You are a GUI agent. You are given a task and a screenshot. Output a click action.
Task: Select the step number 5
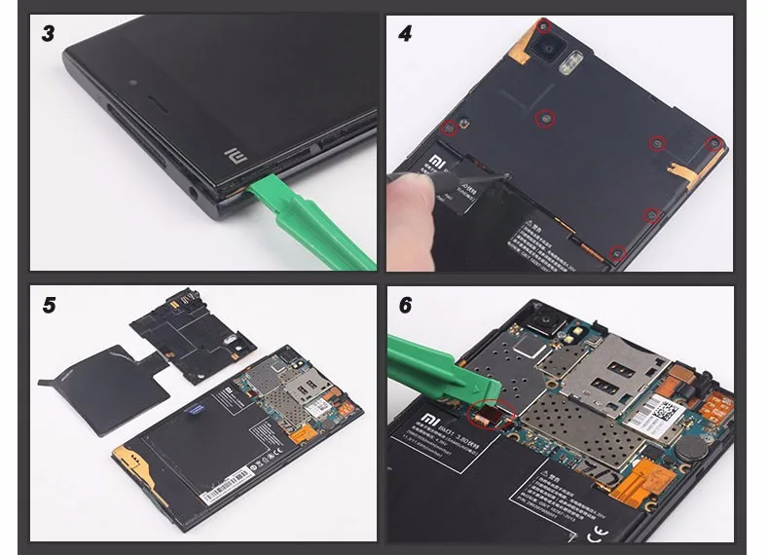click(x=49, y=305)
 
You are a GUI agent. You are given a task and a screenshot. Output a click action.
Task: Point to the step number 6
click(x=405, y=305)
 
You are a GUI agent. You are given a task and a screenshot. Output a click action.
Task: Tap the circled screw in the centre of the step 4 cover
click(x=547, y=119)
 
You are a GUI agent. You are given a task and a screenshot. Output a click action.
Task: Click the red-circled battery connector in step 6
click(x=485, y=416)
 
